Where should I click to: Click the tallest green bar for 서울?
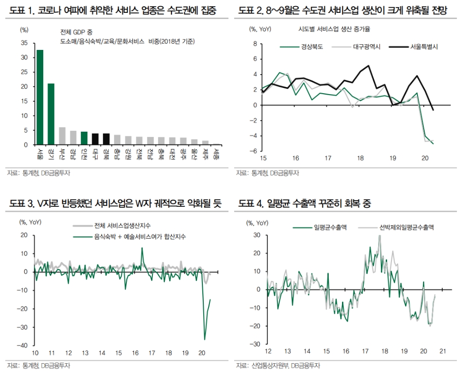(x=40, y=97)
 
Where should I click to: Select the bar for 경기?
(x=51, y=114)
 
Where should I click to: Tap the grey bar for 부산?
(x=62, y=136)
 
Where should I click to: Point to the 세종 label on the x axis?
(x=217, y=155)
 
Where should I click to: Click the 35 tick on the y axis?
(x=25, y=43)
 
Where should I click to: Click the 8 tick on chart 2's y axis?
(x=255, y=44)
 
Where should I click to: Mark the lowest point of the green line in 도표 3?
(x=205, y=339)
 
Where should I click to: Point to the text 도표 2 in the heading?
(x=251, y=10)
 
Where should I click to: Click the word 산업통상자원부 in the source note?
(x=269, y=366)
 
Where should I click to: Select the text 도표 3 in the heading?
(x=20, y=204)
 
